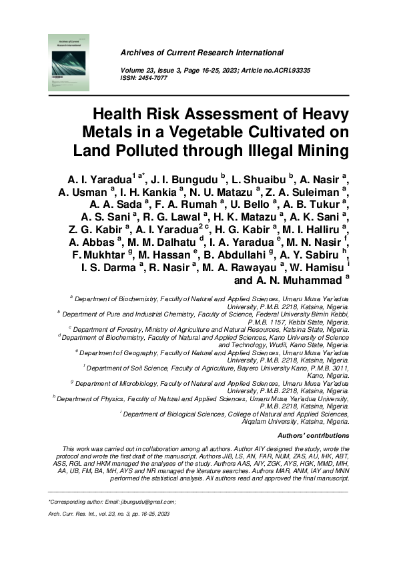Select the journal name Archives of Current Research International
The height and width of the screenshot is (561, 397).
pyautogui.click(x=202, y=53)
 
